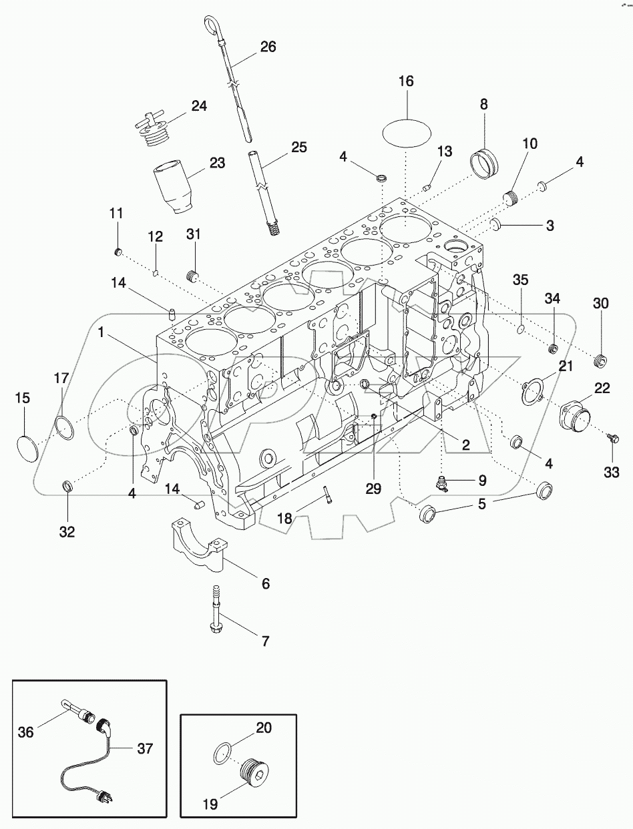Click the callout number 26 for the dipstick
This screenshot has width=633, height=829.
[268, 47]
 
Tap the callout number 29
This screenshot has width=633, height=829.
[373, 489]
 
